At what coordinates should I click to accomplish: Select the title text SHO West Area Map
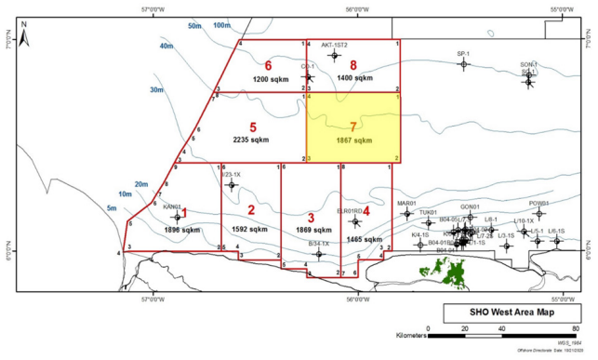tap(506, 313)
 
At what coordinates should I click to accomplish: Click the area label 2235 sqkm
tap(251, 139)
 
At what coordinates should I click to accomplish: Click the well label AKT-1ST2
tap(335, 44)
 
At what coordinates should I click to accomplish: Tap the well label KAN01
tap(172, 207)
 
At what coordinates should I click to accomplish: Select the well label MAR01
tap(405, 203)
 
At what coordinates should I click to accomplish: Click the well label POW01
tap(538, 203)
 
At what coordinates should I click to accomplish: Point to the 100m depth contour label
tap(221, 25)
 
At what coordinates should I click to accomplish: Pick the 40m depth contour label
tap(166, 46)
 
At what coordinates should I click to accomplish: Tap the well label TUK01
tap(428, 213)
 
